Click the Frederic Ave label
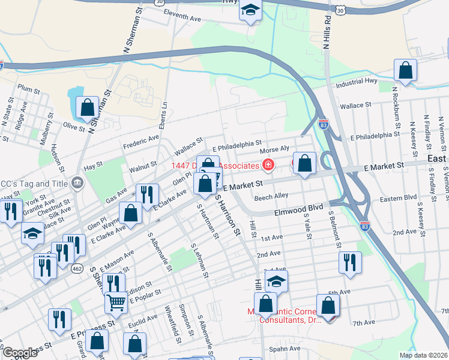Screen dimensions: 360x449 point(140,142)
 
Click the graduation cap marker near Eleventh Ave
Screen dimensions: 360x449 point(250,11)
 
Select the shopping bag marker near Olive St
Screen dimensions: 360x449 point(87,108)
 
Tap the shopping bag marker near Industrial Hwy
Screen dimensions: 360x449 point(406,70)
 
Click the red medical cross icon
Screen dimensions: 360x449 point(268,165)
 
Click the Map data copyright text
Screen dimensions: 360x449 point(423,355)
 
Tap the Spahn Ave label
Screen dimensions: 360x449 point(285,349)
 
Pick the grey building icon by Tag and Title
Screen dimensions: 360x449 point(77,182)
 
